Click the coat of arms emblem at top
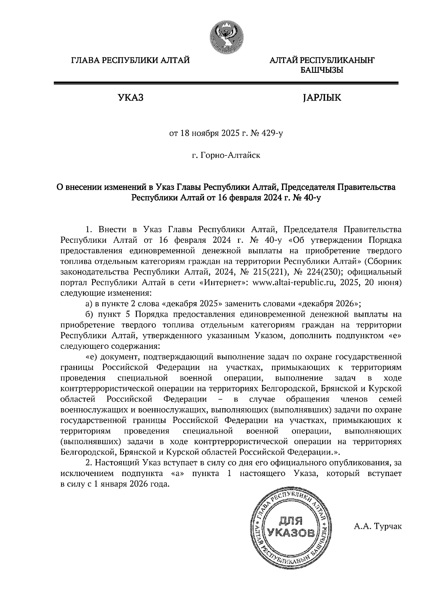pyautogui.click(x=226, y=36)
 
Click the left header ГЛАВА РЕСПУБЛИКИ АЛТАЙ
pyautogui.click(x=130, y=60)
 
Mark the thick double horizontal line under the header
pyautogui.click(x=225, y=83)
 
